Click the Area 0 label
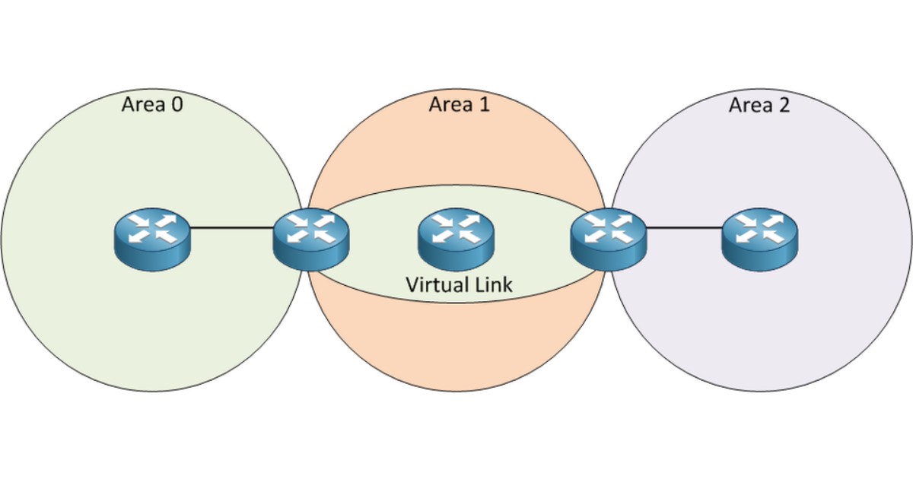151,104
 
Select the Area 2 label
759,104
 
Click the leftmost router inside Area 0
152,237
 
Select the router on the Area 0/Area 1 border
310,237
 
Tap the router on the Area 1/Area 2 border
608,237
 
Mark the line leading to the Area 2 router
684,227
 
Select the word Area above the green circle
142,104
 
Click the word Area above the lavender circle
749,104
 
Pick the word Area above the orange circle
449,104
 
